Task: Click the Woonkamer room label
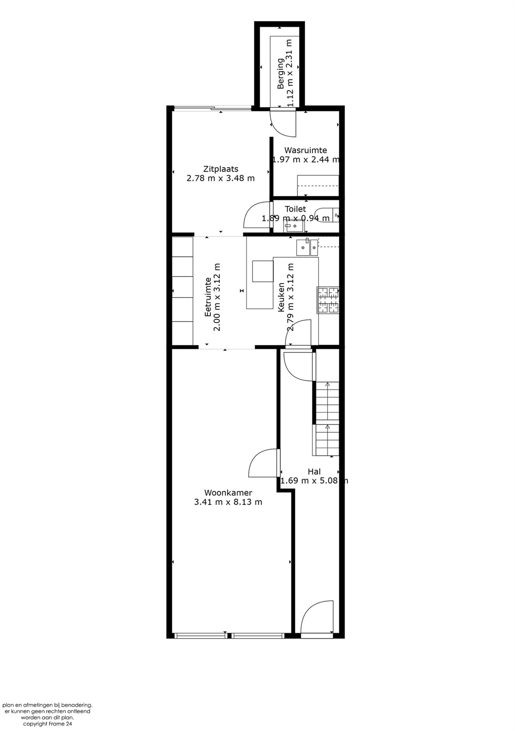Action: click(228, 492)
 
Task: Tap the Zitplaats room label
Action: click(221, 169)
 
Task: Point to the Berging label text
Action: click(280, 74)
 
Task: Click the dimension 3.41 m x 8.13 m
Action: click(228, 502)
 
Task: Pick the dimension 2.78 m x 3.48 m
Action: click(221, 178)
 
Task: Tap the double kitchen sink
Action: click(306, 247)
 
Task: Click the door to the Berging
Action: click(283, 123)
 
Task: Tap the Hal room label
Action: click(314, 472)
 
